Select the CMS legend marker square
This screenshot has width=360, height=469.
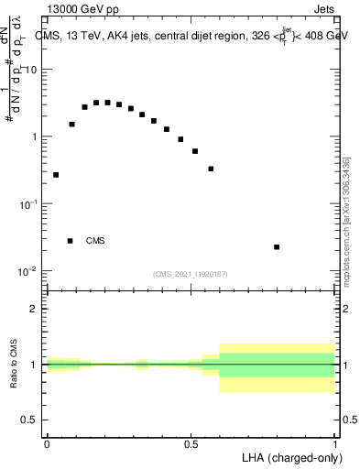tap(70, 241)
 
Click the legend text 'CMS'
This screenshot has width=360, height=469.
tap(95, 241)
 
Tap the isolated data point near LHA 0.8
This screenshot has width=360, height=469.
tap(277, 246)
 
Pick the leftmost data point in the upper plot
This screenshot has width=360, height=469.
tap(56, 174)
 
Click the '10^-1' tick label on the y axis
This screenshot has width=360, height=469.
tap(28, 204)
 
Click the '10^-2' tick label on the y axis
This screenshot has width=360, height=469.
tap(28, 271)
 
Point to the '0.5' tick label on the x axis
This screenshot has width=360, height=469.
tap(191, 443)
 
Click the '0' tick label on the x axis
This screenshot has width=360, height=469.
tap(47, 443)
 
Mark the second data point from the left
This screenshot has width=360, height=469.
tap(71, 124)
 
